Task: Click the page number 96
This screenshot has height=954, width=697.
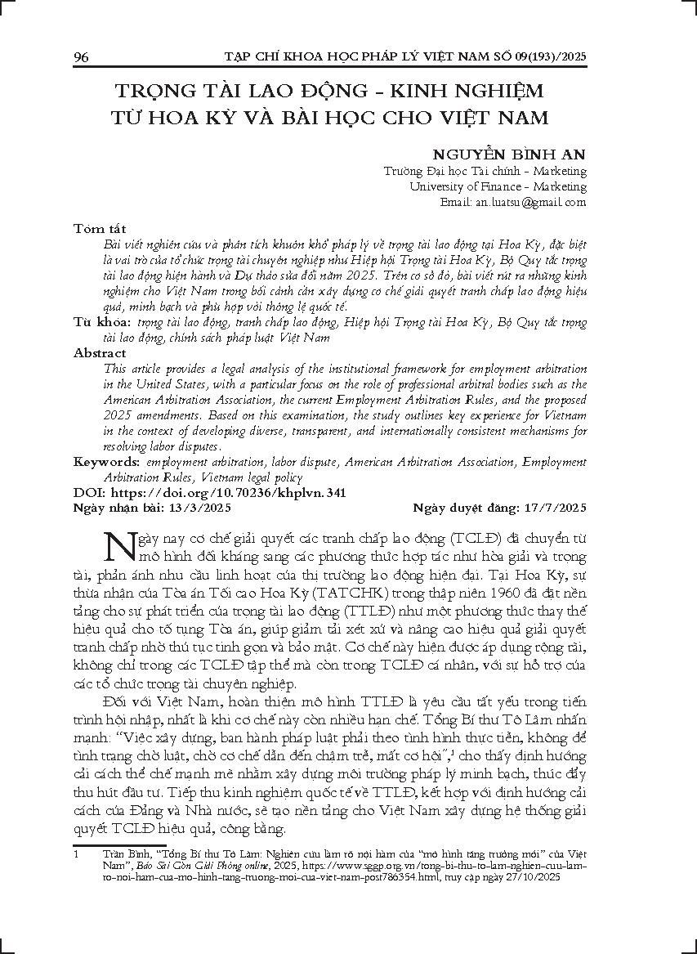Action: pos(81,56)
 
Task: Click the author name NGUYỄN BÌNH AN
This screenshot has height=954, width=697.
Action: pos(516,153)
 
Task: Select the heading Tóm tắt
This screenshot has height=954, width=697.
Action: pos(99,227)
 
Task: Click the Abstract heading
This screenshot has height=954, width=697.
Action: pos(100,353)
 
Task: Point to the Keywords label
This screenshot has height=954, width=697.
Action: pos(107,462)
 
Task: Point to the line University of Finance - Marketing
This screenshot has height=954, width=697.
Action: pos(498,186)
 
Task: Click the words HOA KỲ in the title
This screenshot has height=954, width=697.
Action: pos(194,116)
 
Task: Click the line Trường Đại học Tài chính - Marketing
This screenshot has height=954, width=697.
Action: pos(485,171)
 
